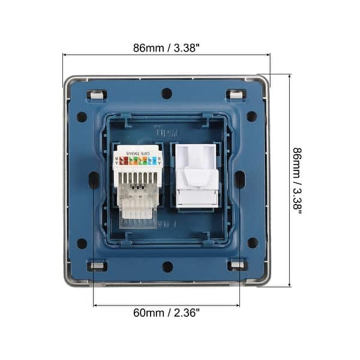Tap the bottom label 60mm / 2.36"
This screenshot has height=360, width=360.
(167, 313)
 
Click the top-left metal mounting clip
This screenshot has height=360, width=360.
(97, 94)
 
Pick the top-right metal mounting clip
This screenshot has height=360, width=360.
(236, 94)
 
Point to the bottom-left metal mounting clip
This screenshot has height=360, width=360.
(97, 265)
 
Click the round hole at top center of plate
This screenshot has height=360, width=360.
(167, 94)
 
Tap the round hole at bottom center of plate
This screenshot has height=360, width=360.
(167, 266)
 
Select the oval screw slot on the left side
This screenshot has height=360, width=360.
(94, 179)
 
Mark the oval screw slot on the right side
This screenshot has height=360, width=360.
(239, 179)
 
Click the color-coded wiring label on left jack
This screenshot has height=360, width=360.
(139, 160)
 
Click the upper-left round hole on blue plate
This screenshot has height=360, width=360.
(82, 116)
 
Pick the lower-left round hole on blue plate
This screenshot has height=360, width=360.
(82, 244)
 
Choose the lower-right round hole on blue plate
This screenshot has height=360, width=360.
(253, 243)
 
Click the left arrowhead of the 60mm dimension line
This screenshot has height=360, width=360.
(95, 305)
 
